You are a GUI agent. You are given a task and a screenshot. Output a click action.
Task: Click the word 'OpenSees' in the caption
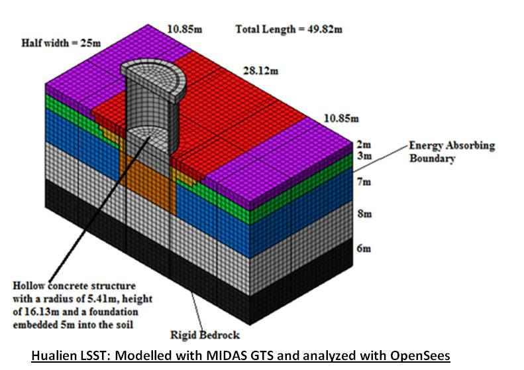click(x=423, y=356)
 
